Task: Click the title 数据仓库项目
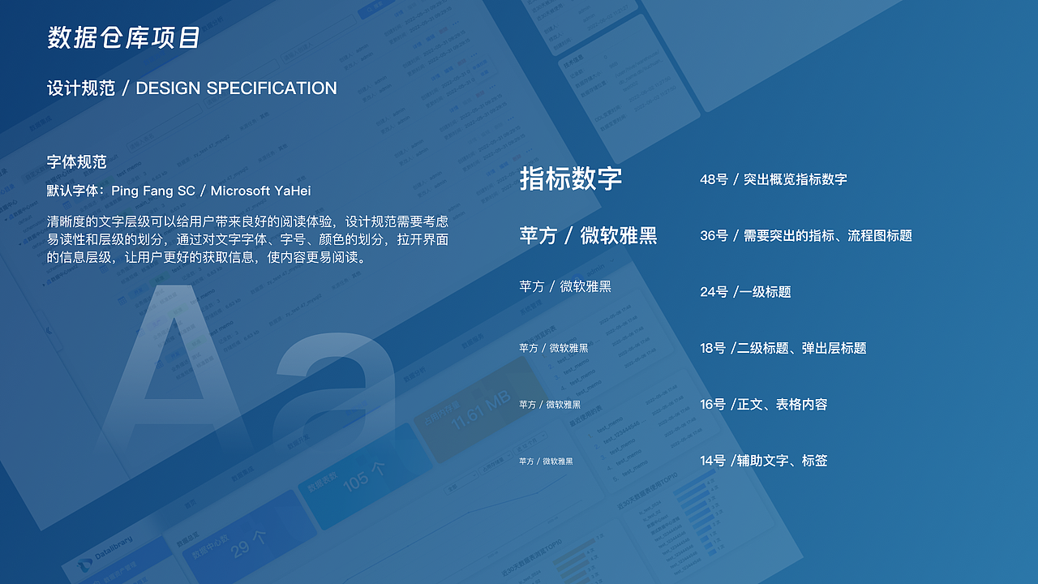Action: (x=123, y=38)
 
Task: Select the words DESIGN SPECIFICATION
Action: (x=236, y=88)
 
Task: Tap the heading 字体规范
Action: (x=76, y=162)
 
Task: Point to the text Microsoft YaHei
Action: (x=260, y=191)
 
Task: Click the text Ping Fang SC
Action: (x=153, y=191)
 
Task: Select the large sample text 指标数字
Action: (x=570, y=179)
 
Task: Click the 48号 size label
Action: (x=714, y=179)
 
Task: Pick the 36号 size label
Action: (x=714, y=235)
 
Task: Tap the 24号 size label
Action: (x=714, y=292)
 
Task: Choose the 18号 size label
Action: (x=713, y=348)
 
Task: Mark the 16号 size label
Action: (x=713, y=404)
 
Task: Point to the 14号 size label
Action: (x=713, y=461)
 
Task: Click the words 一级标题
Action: (x=765, y=292)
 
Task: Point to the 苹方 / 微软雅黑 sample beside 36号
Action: (x=588, y=236)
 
